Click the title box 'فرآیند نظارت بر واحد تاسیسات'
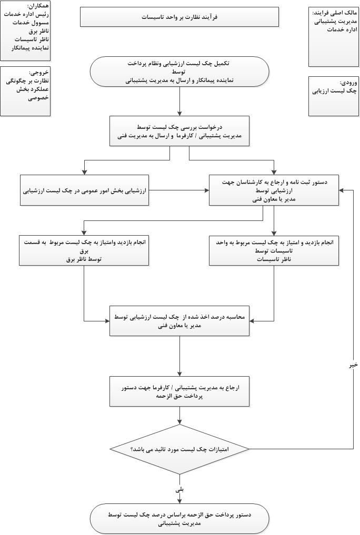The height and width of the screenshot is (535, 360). tap(179, 17)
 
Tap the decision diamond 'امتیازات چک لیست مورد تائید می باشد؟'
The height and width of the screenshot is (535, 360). tap(179, 449)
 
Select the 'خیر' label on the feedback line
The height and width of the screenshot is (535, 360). tap(353, 364)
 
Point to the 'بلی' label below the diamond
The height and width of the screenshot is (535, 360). tap(179, 489)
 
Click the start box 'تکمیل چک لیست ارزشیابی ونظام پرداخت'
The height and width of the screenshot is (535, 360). tap(179, 72)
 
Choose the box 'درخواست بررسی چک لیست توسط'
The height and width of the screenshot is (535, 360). tap(179, 131)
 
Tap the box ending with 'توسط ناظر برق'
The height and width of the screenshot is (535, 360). tap(84, 250)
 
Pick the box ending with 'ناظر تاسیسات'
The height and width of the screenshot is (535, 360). tap(274, 250)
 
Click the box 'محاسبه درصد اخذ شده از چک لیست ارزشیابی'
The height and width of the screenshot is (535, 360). tap(179, 321)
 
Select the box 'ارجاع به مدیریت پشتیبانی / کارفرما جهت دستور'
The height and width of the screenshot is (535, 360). tap(179, 391)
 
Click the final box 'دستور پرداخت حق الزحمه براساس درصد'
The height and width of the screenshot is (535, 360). tap(179, 519)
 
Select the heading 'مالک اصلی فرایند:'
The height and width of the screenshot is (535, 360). tap(335, 13)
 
